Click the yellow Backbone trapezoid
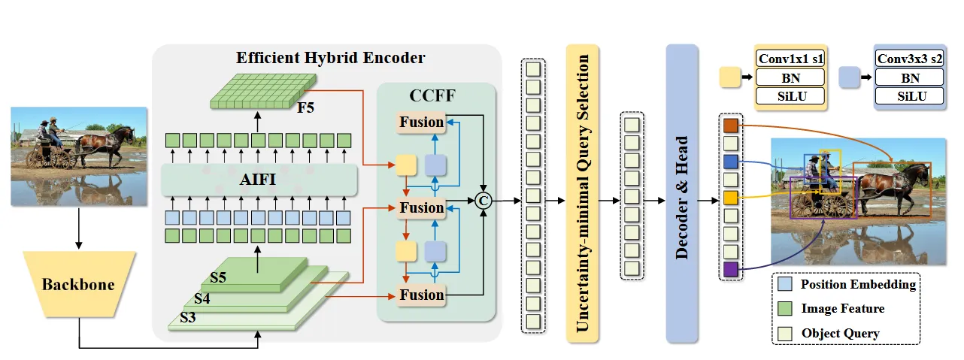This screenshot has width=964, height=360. pyautogui.click(x=78, y=284)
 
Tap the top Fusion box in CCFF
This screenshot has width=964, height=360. pyautogui.click(x=421, y=121)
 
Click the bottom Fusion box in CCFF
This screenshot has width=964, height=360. pyautogui.click(x=421, y=295)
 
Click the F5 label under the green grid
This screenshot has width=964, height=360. pyautogui.click(x=305, y=107)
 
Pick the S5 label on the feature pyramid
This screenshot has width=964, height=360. pyautogui.click(x=218, y=277)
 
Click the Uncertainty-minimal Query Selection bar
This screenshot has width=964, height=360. pyautogui.click(x=582, y=193)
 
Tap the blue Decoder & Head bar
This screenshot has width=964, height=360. pyautogui.click(x=683, y=193)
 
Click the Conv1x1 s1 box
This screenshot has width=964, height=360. pyautogui.click(x=790, y=58)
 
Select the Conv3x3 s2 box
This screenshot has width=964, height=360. pyautogui.click(x=910, y=58)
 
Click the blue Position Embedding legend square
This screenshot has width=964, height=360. pyautogui.click(x=785, y=284)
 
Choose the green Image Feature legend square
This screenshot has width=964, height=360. pyautogui.click(x=785, y=308)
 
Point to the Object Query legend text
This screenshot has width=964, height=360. pyautogui.click(x=840, y=332)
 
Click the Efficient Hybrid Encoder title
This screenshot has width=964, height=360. pyautogui.click(x=331, y=58)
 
